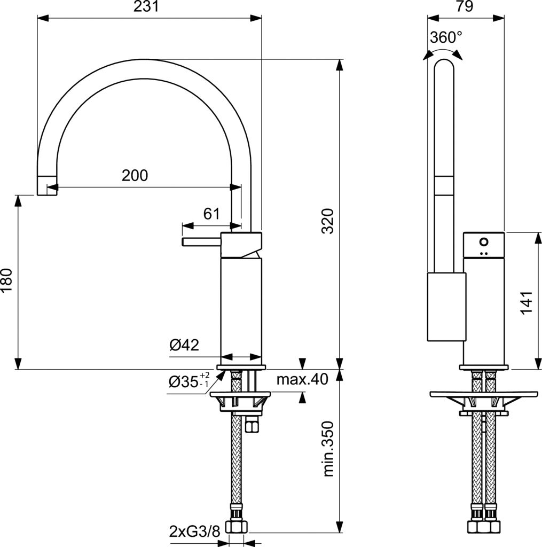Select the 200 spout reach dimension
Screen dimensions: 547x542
(x=135, y=175)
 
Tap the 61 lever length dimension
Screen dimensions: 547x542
(x=211, y=214)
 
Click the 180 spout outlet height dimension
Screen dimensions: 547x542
(x=7, y=280)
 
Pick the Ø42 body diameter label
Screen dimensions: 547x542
(x=184, y=346)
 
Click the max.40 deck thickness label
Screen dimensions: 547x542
(x=302, y=380)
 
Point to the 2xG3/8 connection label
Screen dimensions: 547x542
(x=194, y=532)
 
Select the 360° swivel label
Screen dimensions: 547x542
(x=446, y=37)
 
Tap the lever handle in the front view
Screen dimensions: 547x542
(x=201, y=242)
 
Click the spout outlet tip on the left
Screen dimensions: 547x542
(x=46, y=185)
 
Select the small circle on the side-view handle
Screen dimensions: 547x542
(x=484, y=241)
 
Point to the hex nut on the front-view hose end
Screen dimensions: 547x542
(x=236, y=527)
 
